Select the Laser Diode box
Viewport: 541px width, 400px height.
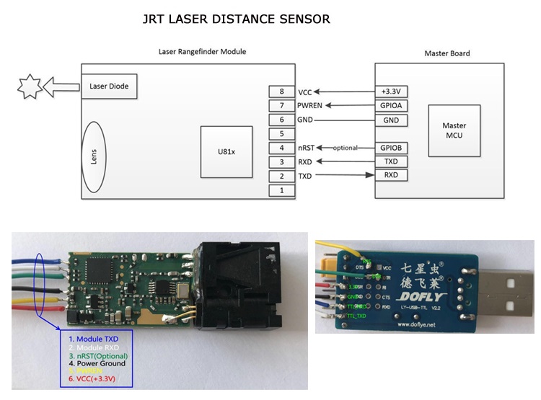point(109,87)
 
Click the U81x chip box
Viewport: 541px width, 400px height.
point(226,152)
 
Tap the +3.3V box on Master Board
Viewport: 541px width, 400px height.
point(390,92)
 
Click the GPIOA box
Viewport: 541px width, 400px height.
point(390,106)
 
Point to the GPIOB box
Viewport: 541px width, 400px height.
point(390,148)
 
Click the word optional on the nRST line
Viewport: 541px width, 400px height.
point(345,148)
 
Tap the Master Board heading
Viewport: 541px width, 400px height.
point(447,53)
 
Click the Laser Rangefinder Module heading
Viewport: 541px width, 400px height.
point(202,52)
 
